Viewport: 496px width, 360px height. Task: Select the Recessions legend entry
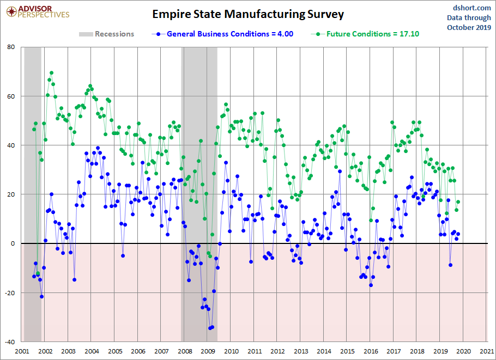click(x=106, y=34)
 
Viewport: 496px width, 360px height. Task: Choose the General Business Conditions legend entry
click(x=223, y=34)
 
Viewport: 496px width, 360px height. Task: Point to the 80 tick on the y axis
click(x=11, y=47)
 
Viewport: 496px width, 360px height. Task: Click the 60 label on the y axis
click(x=11, y=96)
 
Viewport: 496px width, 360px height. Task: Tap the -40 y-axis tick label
click(x=10, y=342)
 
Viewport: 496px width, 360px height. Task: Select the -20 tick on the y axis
click(x=10, y=293)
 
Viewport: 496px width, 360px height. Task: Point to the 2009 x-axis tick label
click(x=208, y=352)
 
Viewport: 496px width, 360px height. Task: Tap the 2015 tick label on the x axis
click(x=347, y=352)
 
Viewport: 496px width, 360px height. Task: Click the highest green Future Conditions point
click(x=51, y=72)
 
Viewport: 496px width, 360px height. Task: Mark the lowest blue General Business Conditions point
click(x=210, y=328)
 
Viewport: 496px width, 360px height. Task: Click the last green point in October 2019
click(x=458, y=202)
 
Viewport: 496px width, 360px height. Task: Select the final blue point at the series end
click(x=458, y=234)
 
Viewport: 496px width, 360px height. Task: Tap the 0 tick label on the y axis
click(x=13, y=243)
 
